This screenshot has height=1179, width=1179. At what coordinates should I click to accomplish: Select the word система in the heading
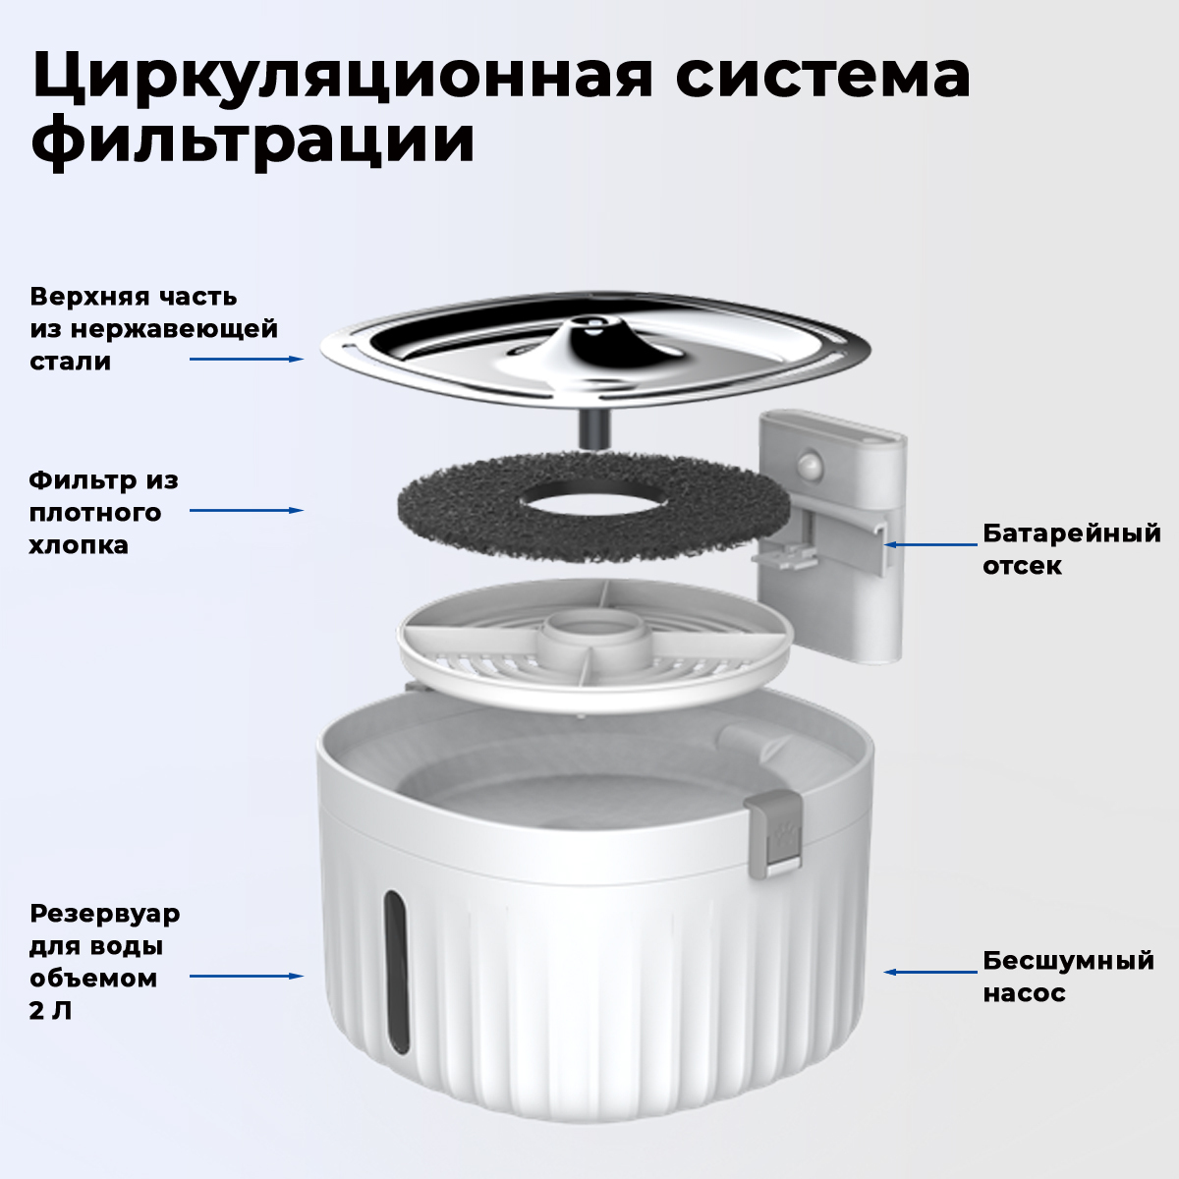click(x=823, y=76)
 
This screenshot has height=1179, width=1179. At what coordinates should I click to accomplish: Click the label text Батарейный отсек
click(x=1072, y=549)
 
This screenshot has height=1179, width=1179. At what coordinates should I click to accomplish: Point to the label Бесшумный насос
click(x=1068, y=977)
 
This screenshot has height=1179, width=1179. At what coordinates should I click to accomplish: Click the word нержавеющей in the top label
click(x=174, y=330)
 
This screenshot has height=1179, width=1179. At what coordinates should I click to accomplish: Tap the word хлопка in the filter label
click(x=79, y=545)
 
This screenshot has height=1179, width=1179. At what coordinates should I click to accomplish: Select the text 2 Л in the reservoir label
click(x=51, y=1011)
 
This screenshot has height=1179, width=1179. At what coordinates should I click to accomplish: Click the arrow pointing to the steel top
click(x=247, y=360)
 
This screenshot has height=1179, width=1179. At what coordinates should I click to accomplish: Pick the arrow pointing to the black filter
click(x=247, y=510)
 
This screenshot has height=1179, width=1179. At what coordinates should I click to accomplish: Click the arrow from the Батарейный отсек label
click(x=930, y=544)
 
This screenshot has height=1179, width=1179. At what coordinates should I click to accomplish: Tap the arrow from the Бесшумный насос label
click(x=930, y=972)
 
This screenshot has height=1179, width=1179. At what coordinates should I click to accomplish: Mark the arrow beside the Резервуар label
click(x=247, y=976)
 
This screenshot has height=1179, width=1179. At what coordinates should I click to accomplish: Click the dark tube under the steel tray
click(x=593, y=427)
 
